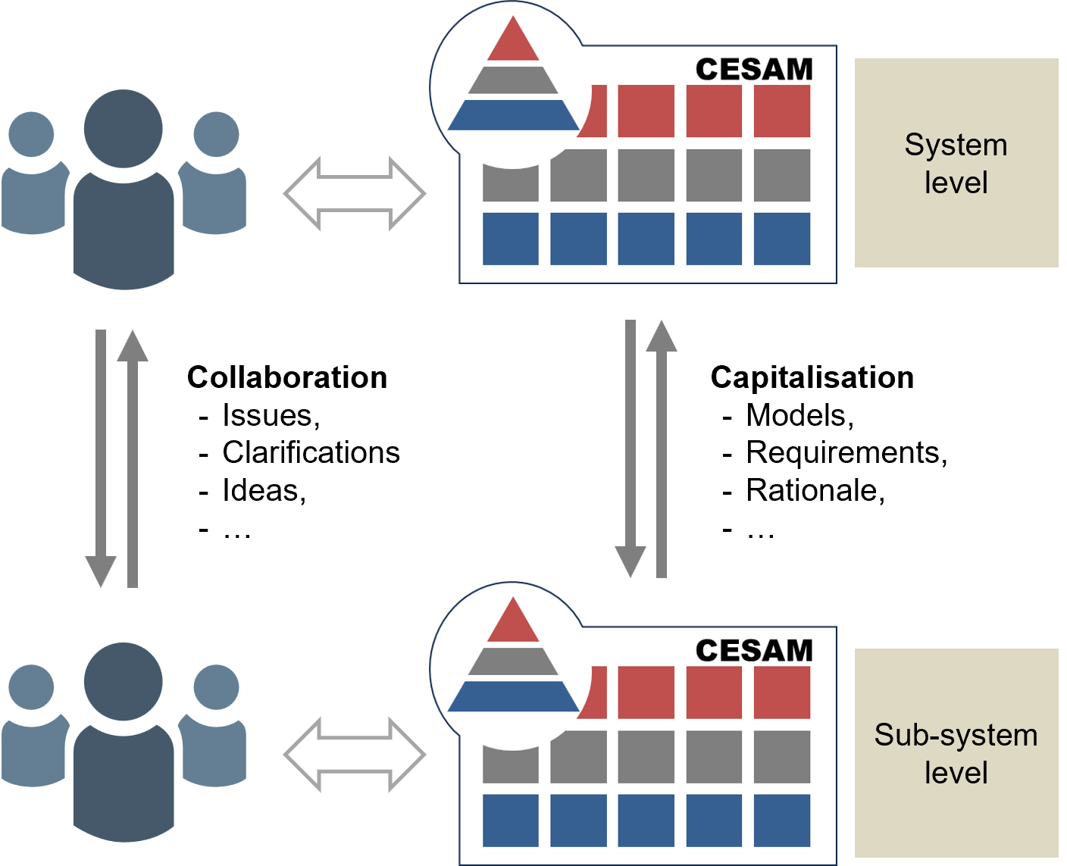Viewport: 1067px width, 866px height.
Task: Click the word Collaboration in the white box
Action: coord(287,377)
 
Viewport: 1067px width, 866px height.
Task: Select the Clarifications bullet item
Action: coord(311,452)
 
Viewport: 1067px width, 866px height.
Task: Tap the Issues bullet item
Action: coord(271,415)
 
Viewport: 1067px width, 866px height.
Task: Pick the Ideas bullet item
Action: coord(264,490)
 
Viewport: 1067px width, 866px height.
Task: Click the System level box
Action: coord(956,163)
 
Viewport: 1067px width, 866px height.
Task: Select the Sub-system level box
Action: coord(956,753)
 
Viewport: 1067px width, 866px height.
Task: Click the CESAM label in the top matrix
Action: coord(754,70)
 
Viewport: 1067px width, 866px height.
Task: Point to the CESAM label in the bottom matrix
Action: coord(754,651)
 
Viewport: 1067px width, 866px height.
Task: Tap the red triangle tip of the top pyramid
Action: coord(513,42)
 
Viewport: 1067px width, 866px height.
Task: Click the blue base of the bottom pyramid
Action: coord(513,696)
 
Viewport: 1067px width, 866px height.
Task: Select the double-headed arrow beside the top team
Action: coord(355,194)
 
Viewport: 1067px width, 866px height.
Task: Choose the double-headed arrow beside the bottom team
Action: coord(355,755)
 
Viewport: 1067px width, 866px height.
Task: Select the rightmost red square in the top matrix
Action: coord(782,111)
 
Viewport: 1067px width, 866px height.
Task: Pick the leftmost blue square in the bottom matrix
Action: coord(510,820)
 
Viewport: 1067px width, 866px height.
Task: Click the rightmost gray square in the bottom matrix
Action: coord(782,756)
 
